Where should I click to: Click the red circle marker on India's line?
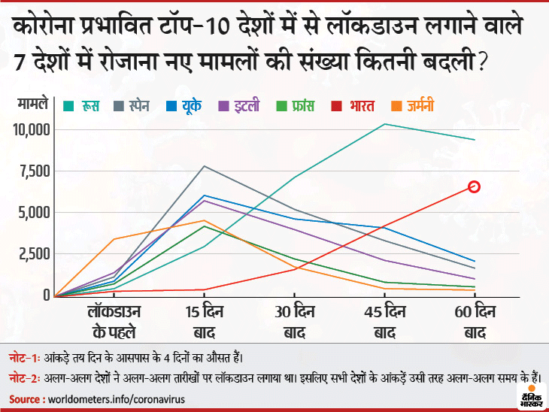click(475, 186)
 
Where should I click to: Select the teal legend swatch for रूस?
click(68, 106)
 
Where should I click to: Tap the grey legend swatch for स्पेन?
click(119, 106)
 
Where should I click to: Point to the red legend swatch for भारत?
click(340, 106)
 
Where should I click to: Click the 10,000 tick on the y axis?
click(31, 129)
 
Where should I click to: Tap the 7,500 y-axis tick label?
click(34, 171)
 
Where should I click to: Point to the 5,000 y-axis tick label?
click(34, 213)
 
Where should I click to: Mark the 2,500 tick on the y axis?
click(34, 254)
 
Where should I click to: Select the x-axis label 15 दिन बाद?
click(205, 322)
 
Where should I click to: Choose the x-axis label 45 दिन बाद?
click(385, 322)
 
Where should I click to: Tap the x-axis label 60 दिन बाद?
click(475, 322)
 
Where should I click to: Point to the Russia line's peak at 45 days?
click(385, 124)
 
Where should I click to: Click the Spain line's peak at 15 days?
click(205, 166)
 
